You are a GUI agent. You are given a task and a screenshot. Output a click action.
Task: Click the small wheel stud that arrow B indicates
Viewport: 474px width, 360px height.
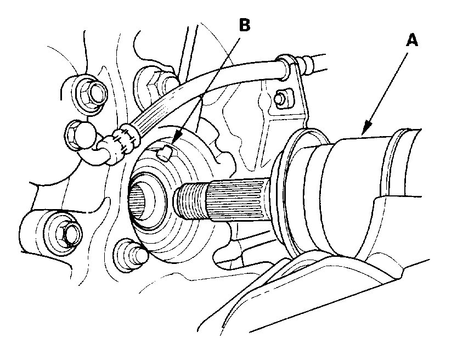[165, 153]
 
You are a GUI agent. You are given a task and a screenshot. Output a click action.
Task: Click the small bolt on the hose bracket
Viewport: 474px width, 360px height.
[281, 98]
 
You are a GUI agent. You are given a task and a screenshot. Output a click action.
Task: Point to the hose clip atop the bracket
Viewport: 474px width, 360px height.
[285, 61]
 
